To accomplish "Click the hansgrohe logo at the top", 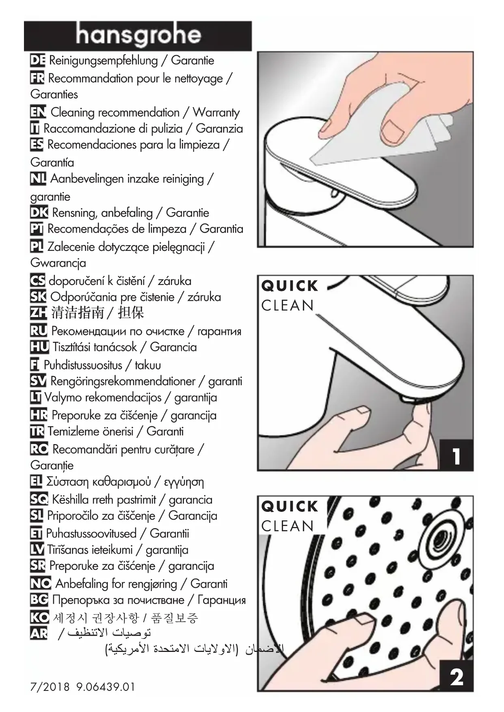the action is point(138,36).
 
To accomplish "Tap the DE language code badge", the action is point(37,60).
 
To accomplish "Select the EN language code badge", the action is point(38,112).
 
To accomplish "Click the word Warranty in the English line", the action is point(216,112).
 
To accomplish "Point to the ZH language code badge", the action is point(38,313).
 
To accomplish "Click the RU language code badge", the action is point(39,331).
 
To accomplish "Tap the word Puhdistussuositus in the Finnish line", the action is point(83,365).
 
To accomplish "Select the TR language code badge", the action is point(37,431).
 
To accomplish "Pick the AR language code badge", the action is point(39,633).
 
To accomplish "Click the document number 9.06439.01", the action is point(105,687).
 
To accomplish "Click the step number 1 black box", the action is point(457,455).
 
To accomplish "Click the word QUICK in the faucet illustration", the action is point(290,286).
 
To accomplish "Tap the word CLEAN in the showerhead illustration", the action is point(288,526).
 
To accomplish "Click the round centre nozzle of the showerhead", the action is point(439,538).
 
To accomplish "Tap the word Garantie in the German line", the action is point(193,60).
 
